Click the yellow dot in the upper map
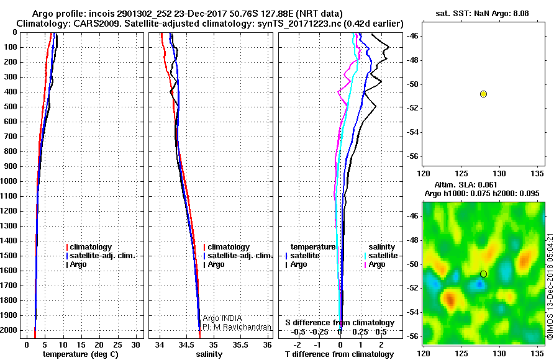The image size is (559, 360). [x=483, y=94]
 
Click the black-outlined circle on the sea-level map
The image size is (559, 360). [x=483, y=274]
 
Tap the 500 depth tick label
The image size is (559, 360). [x=11, y=107]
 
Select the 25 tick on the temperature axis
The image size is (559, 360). [x=117, y=345]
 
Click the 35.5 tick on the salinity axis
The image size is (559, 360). [x=240, y=345]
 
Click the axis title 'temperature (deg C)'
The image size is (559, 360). [x=81, y=354]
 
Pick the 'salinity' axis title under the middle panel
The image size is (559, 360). [x=209, y=354]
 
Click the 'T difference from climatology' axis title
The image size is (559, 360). [x=339, y=354]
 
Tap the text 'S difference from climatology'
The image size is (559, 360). [x=340, y=323]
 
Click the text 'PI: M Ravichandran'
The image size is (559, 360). [x=237, y=327]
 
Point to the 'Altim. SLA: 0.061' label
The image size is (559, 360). [x=466, y=185]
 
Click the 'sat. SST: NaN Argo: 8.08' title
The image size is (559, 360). [x=483, y=14]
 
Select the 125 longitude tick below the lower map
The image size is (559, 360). [x=461, y=354]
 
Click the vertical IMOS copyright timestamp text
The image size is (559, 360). [x=550, y=286]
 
